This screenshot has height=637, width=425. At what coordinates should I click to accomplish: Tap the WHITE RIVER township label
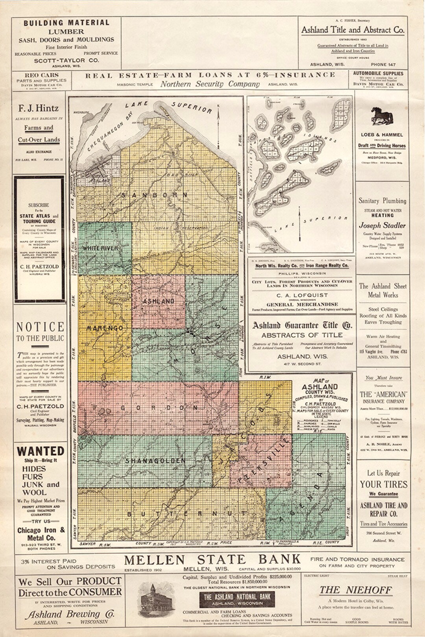[100, 248]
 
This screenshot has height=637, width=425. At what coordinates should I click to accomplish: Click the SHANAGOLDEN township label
[155, 460]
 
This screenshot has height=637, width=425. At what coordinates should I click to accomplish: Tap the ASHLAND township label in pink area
[158, 301]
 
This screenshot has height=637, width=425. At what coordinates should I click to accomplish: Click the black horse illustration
[382, 116]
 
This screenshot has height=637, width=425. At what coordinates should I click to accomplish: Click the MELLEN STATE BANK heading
[213, 559]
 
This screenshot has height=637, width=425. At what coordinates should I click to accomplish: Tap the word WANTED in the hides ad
[41, 451]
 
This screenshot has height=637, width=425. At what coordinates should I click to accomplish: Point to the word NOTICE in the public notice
[40, 327]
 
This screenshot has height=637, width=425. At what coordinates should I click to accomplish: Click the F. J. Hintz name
[39, 108]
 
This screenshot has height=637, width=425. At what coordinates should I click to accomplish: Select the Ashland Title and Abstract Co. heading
[353, 30]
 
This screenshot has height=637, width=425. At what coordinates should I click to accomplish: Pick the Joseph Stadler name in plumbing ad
[382, 225]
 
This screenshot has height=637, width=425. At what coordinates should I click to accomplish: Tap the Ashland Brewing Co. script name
[70, 614]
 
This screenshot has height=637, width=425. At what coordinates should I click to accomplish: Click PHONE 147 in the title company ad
[383, 64]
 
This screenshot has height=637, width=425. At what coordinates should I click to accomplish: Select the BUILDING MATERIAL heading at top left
[66, 23]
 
